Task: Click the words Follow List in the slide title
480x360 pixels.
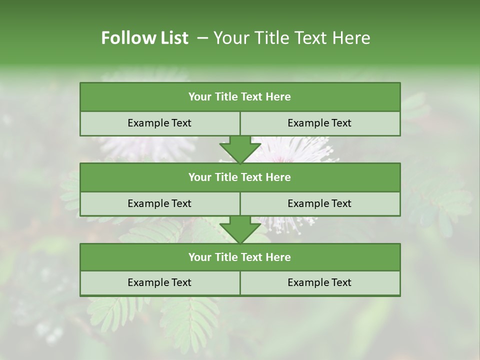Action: [144, 38]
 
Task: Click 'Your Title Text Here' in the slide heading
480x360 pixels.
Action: [291, 38]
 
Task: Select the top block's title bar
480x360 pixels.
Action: [240, 97]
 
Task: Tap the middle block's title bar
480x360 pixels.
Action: [240, 177]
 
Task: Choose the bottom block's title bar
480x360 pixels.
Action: [240, 257]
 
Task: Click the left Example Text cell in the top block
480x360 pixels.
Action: [159, 123]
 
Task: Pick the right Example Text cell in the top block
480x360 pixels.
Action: [319, 123]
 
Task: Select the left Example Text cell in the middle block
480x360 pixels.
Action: [159, 204]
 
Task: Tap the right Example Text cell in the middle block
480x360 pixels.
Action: [319, 204]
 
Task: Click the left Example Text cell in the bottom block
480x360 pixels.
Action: [159, 283]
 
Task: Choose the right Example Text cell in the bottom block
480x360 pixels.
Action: [319, 283]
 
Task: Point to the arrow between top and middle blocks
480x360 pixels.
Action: [240, 149]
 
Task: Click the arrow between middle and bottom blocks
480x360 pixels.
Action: [240, 229]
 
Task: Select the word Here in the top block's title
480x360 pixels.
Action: [278, 97]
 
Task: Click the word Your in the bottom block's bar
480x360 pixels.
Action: [200, 257]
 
